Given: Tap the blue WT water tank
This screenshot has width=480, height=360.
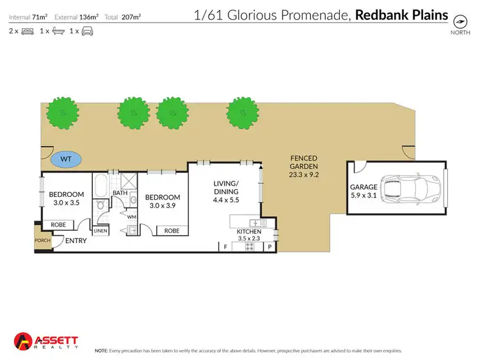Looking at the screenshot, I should coord(67,159).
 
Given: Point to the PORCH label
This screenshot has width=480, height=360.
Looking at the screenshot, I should coord(42,240).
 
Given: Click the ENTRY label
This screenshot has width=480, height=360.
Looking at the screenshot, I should coord(76,240).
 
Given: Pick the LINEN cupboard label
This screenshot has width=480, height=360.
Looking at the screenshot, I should coord(100,231).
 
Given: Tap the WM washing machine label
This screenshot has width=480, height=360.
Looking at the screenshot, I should coord(132,217).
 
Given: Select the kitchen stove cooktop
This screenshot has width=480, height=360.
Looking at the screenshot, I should coord(248,246).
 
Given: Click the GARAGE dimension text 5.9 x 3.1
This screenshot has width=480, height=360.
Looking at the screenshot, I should coord(364,197).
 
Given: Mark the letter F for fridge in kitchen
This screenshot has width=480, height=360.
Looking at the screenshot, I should coord(225,246).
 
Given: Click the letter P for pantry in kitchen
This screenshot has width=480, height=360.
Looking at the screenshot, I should coord(269,246).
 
